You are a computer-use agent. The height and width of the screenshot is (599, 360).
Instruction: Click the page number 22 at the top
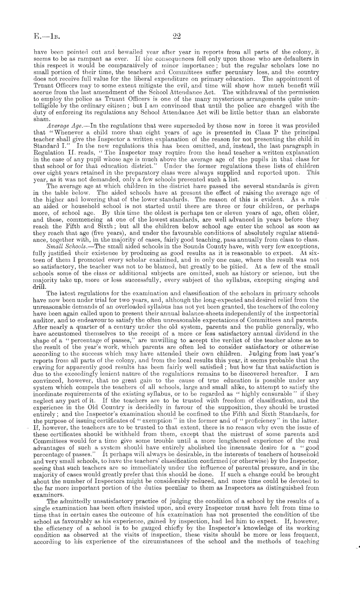pyautogui.click(x=176, y=36)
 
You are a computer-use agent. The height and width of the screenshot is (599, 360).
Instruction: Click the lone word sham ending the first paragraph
pyautogui.click(x=40, y=119)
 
